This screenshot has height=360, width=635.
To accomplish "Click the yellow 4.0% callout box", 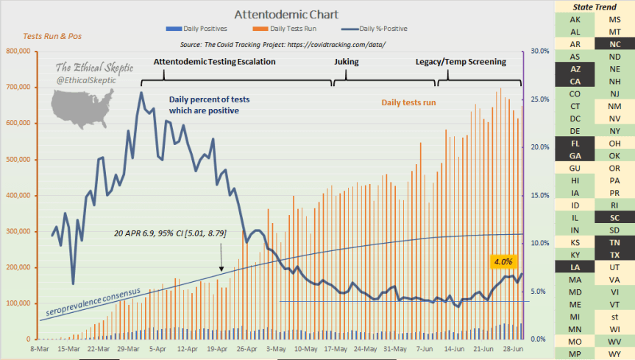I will (x=504, y=261).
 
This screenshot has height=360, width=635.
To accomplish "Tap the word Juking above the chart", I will (x=347, y=62).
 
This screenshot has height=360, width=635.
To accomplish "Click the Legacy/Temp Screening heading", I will (x=461, y=62).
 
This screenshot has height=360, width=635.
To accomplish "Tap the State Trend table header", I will (x=595, y=7).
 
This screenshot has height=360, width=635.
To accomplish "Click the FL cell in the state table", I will (x=575, y=143).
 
